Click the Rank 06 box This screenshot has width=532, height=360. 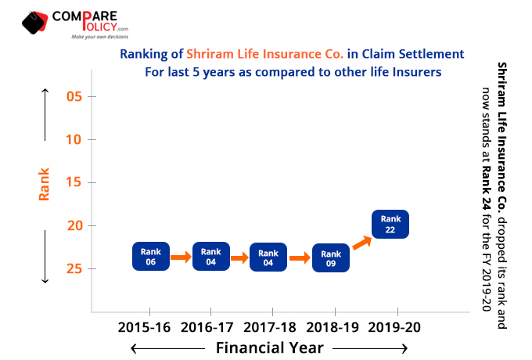tap(151, 256)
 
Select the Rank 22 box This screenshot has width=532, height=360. tap(390, 224)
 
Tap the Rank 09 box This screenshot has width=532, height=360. tap(331, 258)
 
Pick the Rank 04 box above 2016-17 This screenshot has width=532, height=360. tap(211, 256)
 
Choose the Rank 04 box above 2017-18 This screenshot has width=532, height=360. tap(268, 257)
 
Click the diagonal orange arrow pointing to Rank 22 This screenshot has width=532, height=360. tap(362, 243)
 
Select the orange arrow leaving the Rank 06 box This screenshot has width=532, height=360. tap(181, 257)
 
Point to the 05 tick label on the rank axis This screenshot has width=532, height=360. tap(74, 96)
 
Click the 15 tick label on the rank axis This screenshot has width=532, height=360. tap(74, 182)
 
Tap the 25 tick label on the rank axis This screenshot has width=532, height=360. tap(74, 268)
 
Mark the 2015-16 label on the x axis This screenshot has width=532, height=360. tap(144, 327)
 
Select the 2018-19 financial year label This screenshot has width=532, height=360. tap(332, 327)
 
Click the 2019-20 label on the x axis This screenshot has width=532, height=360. tap(394, 327)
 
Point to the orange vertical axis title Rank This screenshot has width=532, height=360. tap(44, 184)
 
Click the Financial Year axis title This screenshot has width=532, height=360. tap(270, 347)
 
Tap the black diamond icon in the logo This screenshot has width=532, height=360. tap(33, 23)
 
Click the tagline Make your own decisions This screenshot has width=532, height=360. tap(100, 37)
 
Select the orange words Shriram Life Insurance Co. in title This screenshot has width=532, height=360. tap(265, 54)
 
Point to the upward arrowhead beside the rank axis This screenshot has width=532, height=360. tap(45, 91)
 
